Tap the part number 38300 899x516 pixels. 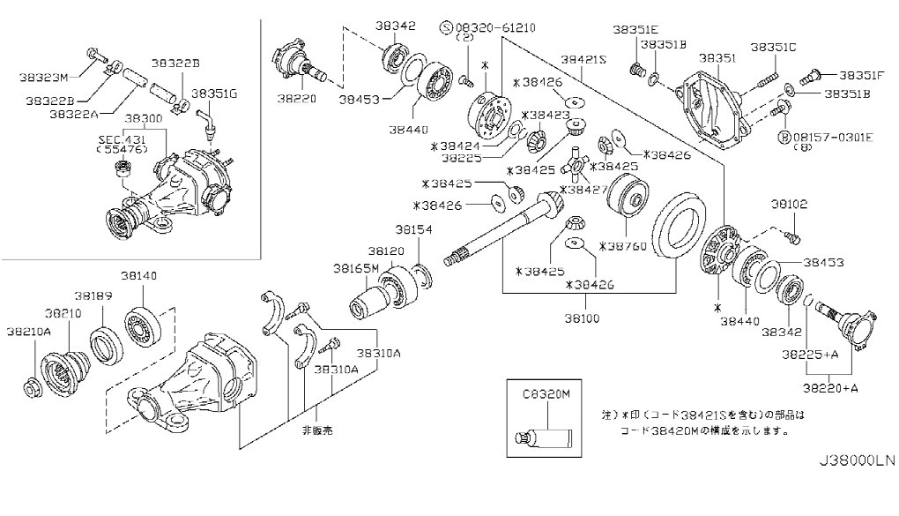[x=143, y=117]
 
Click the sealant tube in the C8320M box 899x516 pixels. [x=545, y=436]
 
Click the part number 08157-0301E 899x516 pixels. [x=837, y=137]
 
